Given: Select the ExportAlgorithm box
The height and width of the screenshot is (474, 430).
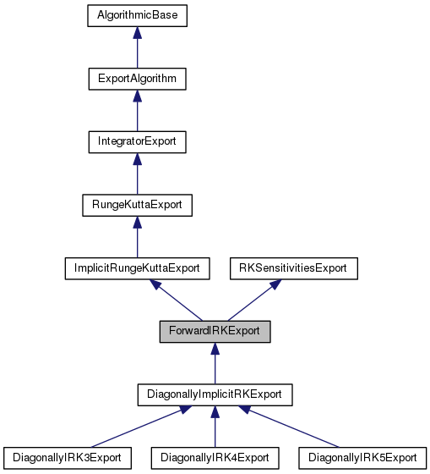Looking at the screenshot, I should [x=137, y=79].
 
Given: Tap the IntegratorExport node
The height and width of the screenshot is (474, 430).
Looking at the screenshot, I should [x=137, y=141].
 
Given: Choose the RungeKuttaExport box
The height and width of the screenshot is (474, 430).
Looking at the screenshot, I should [x=137, y=205].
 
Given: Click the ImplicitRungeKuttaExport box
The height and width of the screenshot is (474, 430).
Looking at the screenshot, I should [x=137, y=268].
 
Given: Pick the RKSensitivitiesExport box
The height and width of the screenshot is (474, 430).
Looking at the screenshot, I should [x=295, y=268].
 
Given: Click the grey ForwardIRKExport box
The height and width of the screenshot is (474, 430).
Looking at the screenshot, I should [x=215, y=331].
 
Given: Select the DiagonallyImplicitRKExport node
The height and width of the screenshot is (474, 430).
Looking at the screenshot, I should [x=215, y=394].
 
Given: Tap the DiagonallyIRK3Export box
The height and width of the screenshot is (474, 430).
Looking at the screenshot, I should [x=67, y=458].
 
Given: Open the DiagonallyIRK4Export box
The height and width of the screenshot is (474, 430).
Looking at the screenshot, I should [x=215, y=458].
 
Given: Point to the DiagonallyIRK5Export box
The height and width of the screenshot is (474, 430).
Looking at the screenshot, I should [x=363, y=458].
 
